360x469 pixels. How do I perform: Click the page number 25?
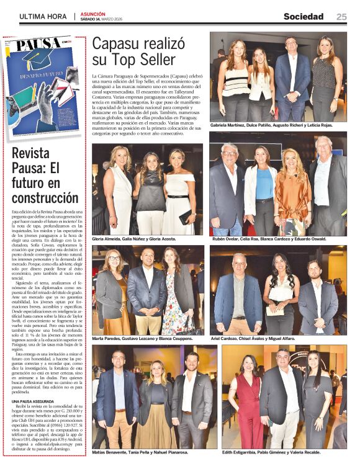click(x=341, y=17)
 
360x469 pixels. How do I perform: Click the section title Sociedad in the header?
click(x=304, y=17)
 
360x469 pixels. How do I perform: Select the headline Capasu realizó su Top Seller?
click(x=138, y=51)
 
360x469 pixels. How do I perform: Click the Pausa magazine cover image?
click(x=42, y=86)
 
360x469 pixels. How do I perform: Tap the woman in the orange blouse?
click(x=290, y=192)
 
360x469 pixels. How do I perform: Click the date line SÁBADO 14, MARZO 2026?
click(x=101, y=19)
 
